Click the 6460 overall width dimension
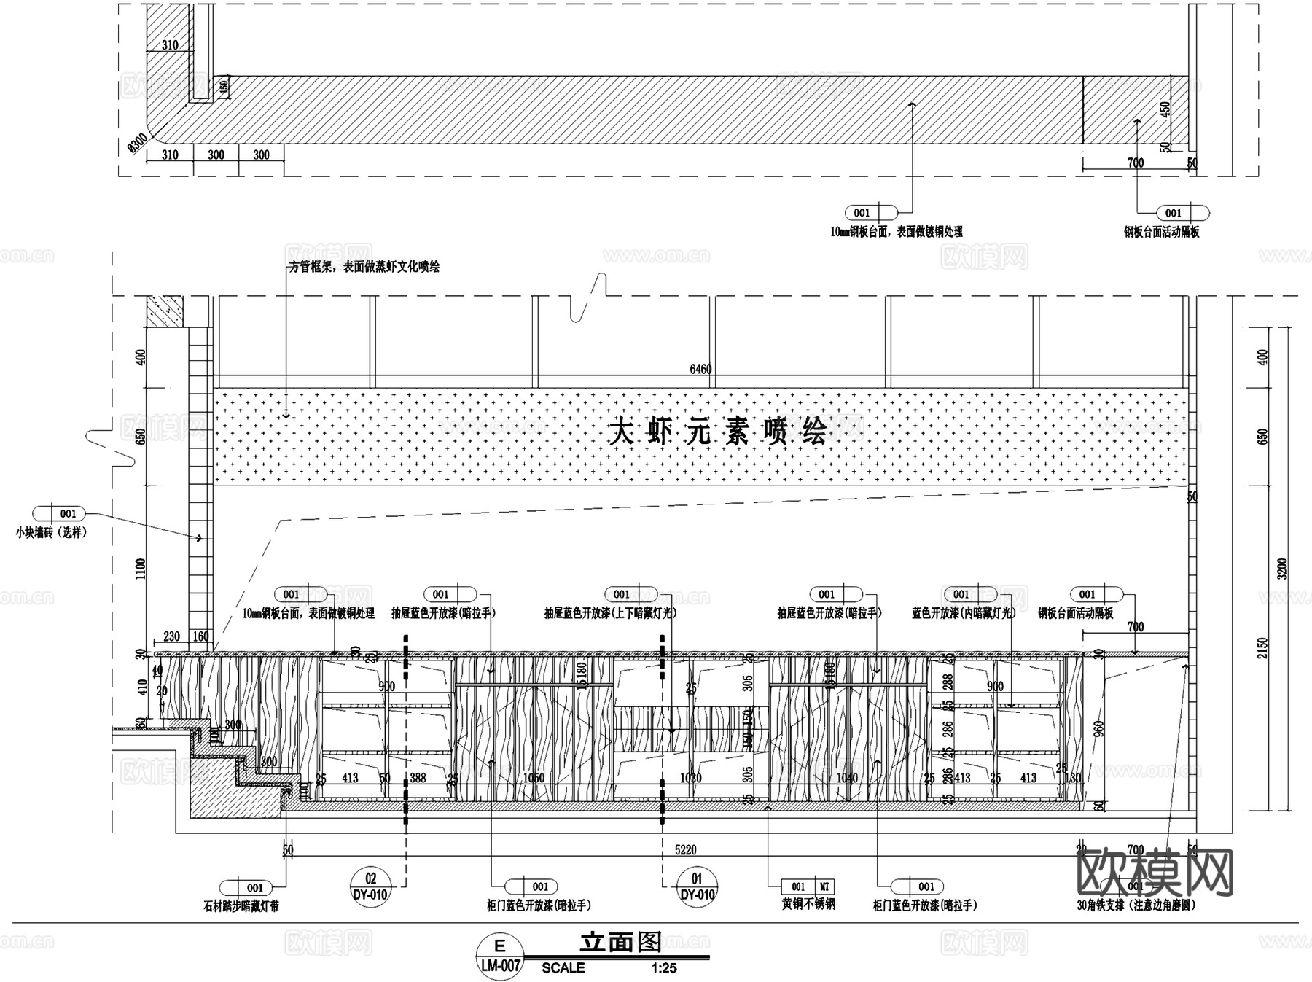coord(700,370)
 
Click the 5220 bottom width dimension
coord(685,849)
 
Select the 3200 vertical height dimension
coord(1282,569)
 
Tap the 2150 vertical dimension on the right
coord(1262,647)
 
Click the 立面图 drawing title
coord(620,942)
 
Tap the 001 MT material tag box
coord(808,886)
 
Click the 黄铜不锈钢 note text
coord(808,904)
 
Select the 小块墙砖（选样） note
coord(51,533)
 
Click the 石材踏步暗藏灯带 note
coord(241,906)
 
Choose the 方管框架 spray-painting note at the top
coord(364,267)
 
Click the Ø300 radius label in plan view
coord(136,145)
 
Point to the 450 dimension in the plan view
coord(1165,109)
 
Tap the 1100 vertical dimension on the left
coord(141,569)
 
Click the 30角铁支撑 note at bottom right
coord(1136,905)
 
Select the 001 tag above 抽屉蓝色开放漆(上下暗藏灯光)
coord(622,594)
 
